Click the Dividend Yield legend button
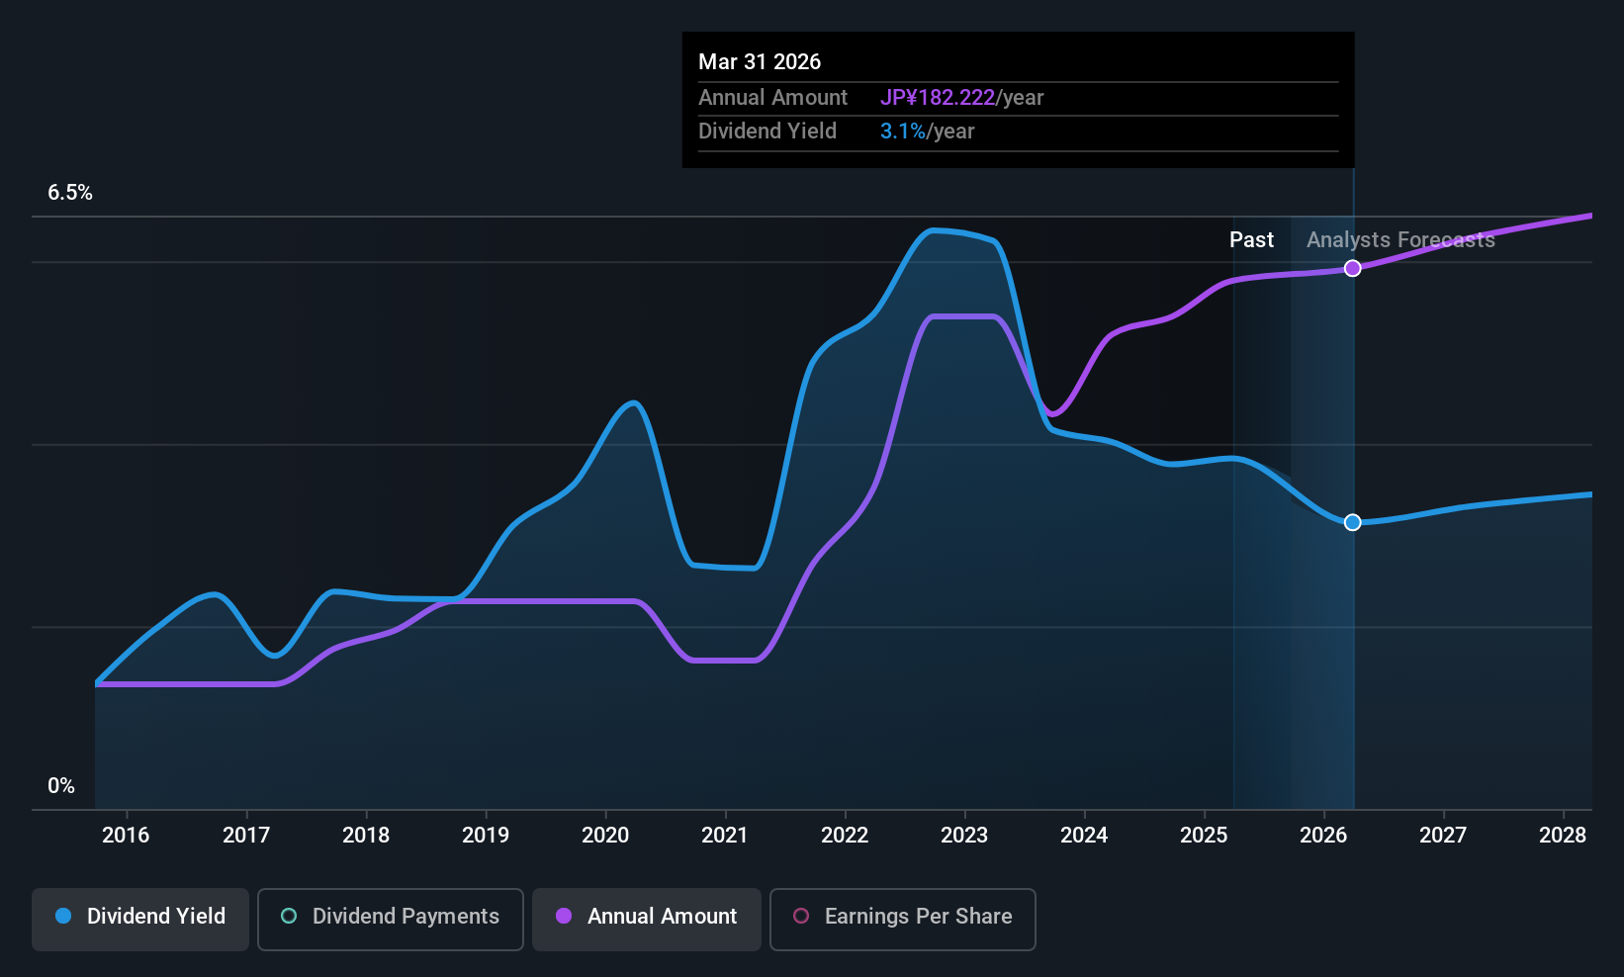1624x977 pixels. pos(140,917)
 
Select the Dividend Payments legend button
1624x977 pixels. pos(391,917)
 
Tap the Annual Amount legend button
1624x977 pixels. pos(647,917)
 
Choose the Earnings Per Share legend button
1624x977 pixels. pos(902,917)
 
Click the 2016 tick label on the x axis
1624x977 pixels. pos(126,836)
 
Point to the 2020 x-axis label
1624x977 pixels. pos(605,836)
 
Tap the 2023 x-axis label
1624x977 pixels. pos(964,836)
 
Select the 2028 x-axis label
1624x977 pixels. pos(1563,836)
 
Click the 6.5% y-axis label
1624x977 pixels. pos(70,193)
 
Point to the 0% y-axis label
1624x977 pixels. pos(61,786)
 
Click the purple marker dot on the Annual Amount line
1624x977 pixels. pos(1353,268)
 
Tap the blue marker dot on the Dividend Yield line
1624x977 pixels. pos(1353,522)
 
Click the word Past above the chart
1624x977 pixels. pos(1251,240)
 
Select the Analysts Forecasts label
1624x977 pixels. pos(1400,240)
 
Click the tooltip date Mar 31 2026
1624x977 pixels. pos(760,62)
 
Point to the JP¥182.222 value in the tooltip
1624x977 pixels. pos(938,98)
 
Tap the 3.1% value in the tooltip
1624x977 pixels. pos(903,132)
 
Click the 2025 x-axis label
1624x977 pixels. pos(1204,836)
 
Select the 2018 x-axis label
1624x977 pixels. pos(366,836)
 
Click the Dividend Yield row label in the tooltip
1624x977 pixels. pos(767,132)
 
